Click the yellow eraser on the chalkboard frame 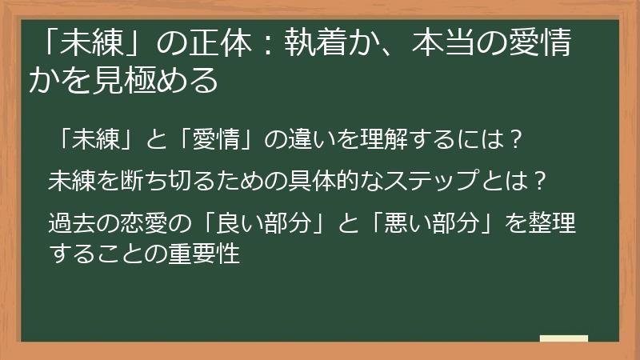click(x=564, y=338)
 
